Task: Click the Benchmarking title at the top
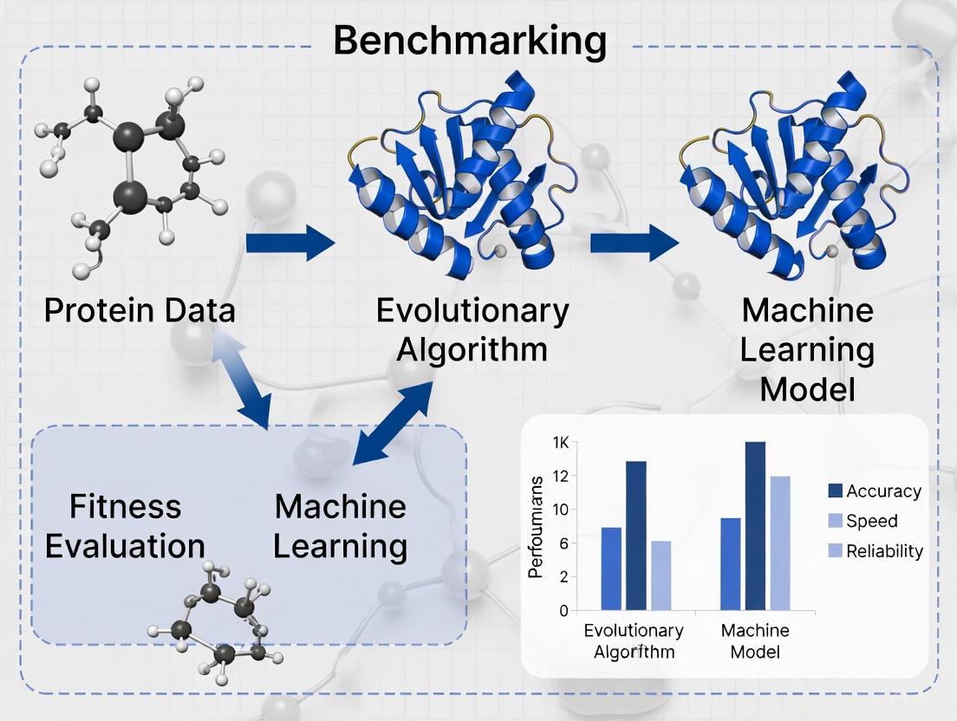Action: (x=469, y=41)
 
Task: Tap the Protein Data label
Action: (x=140, y=309)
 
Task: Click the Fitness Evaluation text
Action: (x=125, y=525)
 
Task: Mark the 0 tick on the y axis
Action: (x=563, y=610)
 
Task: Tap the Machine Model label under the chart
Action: (x=751, y=641)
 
